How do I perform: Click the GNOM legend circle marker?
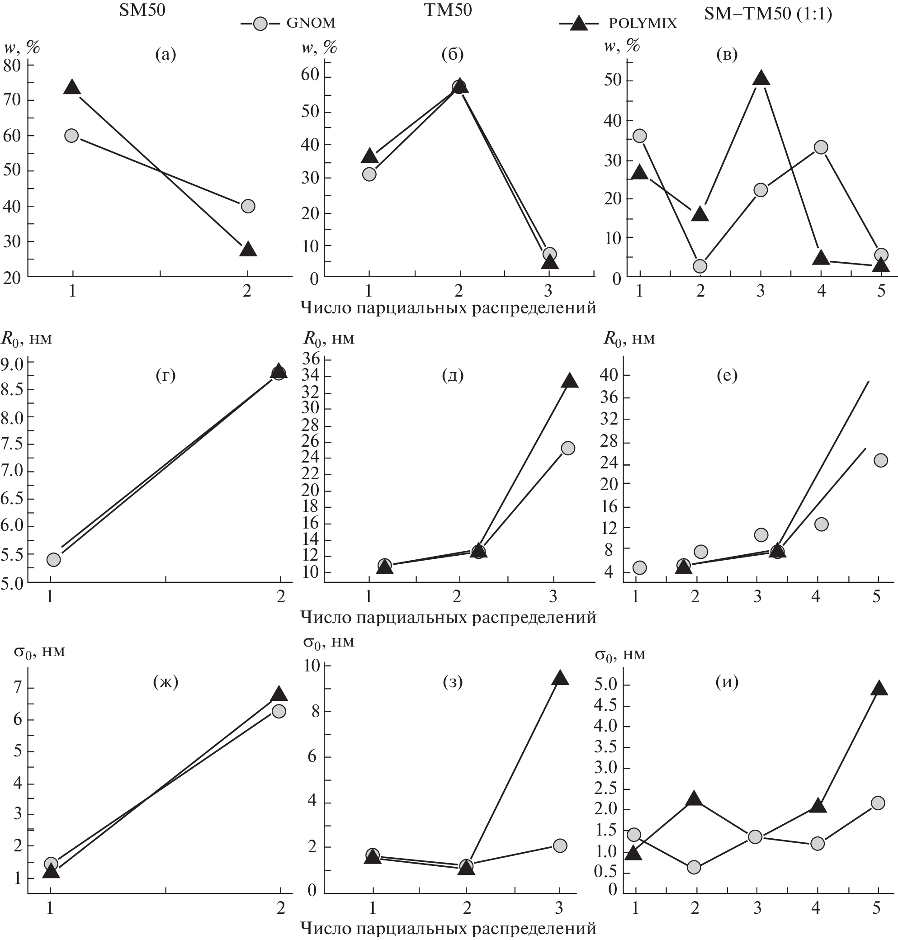(260, 24)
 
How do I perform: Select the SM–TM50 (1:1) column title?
(768, 14)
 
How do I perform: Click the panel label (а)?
(165, 55)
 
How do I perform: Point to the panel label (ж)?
(165, 681)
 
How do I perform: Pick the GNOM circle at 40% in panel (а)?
(248, 206)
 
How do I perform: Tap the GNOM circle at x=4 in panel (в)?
(821, 147)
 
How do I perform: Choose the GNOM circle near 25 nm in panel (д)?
(568, 448)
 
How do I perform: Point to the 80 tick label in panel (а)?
(13, 65)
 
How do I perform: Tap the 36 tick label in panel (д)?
(311, 358)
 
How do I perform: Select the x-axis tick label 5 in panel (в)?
(881, 291)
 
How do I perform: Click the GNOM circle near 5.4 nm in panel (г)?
(54, 559)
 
